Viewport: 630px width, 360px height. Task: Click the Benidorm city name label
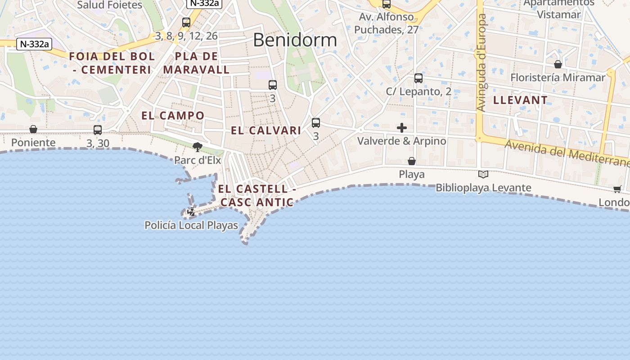[x=295, y=40]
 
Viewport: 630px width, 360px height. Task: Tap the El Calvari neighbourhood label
[x=265, y=130]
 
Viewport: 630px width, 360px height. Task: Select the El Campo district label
[x=173, y=116]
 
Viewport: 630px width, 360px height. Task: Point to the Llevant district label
[x=520, y=100]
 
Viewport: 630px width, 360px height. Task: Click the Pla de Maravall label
[x=196, y=63]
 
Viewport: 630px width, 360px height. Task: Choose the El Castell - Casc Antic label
[x=257, y=195]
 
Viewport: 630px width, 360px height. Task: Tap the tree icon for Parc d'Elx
[x=197, y=147]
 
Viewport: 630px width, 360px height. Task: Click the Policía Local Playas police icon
[x=192, y=211]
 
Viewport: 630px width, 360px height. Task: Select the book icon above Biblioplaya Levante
[x=483, y=174]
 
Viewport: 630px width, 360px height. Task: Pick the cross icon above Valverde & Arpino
[x=402, y=128]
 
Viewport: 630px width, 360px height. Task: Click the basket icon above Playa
[x=411, y=161]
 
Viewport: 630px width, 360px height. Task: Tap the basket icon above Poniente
[x=33, y=130]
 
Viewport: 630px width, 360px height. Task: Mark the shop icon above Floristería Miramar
[x=558, y=64]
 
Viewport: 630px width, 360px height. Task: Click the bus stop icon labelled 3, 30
[x=98, y=130]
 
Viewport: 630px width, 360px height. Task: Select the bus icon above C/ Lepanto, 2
[x=418, y=78]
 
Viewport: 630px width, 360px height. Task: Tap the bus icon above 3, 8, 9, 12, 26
[x=186, y=22]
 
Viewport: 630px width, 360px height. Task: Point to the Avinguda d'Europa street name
[x=481, y=63]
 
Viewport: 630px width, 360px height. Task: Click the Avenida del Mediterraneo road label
[x=567, y=153]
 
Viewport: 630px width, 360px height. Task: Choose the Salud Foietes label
[x=109, y=5]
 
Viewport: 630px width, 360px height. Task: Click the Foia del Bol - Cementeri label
[x=112, y=63]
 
